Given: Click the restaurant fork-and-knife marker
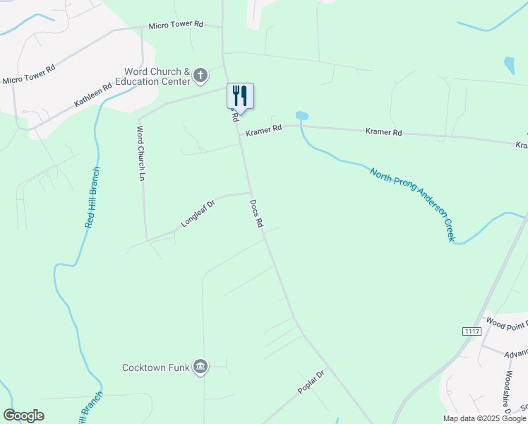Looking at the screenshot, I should click(x=240, y=96).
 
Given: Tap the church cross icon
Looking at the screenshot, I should click(x=200, y=76).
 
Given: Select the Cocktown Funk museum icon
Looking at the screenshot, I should click(x=200, y=366).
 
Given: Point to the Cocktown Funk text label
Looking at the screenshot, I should click(x=156, y=367).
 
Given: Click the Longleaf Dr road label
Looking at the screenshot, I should click(x=197, y=213).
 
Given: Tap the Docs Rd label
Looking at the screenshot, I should click(x=256, y=213).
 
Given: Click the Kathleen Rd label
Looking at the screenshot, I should click(x=93, y=95).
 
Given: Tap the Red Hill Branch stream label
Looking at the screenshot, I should click(x=92, y=197).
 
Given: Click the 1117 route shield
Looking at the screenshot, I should click(x=472, y=331).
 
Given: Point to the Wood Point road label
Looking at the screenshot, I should click(x=506, y=324).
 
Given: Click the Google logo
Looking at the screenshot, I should click(x=23, y=416).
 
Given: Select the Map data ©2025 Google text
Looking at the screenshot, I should click(x=484, y=418).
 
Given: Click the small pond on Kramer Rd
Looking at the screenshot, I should click(x=301, y=115).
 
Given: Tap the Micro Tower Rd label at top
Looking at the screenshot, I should click(x=175, y=25).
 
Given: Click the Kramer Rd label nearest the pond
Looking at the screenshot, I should click(x=263, y=129).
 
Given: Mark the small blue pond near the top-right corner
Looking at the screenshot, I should click(x=509, y=65).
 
